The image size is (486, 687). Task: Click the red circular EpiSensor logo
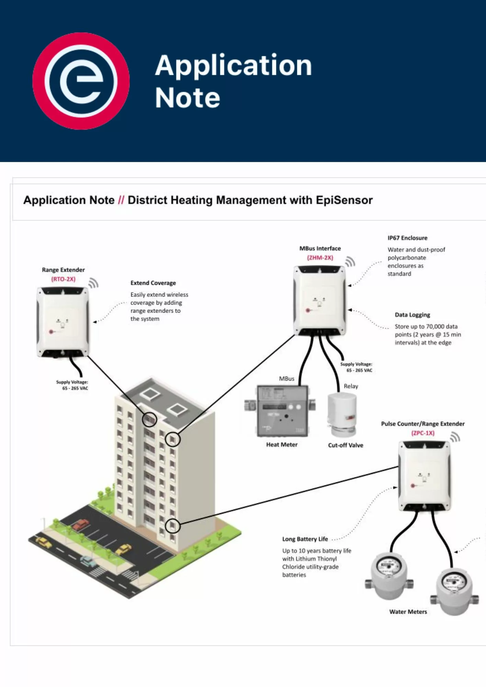(x=81, y=81)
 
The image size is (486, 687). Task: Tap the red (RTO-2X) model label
(x=63, y=279)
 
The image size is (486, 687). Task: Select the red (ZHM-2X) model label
(x=320, y=258)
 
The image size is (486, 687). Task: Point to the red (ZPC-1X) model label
(x=423, y=433)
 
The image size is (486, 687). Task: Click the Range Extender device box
(x=63, y=322)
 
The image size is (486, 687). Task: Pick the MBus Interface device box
(x=319, y=300)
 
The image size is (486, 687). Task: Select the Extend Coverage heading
(x=153, y=283)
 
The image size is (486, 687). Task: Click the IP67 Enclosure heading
(x=407, y=238)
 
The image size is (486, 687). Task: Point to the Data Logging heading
(x=412, y=315)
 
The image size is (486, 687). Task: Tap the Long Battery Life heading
(x=305, y=539)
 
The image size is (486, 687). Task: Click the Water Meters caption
(x=408, y=612)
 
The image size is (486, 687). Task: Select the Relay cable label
(x=351, y=386)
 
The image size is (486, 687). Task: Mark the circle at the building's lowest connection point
(x=173, y=526)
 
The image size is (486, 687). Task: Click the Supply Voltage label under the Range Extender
(x=72, y=385)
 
